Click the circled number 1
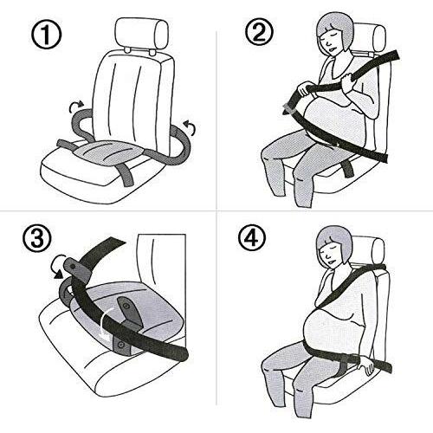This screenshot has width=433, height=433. point(46,36)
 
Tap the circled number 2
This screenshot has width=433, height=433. point(259,34)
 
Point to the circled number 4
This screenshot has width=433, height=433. point(253,238)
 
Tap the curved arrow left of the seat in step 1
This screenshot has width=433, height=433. point(76,107)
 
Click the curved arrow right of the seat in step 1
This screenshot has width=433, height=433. point(189,128)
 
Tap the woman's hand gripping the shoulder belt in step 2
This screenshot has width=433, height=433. point(348,81)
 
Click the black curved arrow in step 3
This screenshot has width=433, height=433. point(58,267)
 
